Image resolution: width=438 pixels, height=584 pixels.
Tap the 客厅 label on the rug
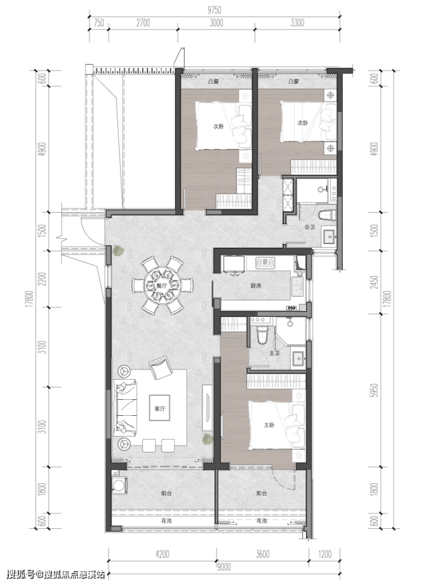[x=160, y=409]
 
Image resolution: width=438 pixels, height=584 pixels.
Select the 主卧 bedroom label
[x=269, y=425]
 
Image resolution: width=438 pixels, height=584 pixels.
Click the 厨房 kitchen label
[x=256, y=285]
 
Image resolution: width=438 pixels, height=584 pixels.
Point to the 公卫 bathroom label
[x=310, y=226]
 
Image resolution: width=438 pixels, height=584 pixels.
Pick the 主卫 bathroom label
[x=274, y=352]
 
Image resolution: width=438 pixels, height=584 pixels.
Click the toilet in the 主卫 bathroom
[x=262, y=335]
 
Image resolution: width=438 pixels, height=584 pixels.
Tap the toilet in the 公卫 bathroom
[x=327, y=215]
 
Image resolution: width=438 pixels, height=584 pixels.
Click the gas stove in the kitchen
[x=265, y=263]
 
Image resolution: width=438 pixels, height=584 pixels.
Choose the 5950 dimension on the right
[x=375, y=390]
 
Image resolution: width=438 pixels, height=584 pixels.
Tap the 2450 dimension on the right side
[x=375, y=282]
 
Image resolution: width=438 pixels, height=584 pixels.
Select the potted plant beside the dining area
[x=119, y=251]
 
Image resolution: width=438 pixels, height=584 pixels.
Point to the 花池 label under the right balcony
[x=262, y=520]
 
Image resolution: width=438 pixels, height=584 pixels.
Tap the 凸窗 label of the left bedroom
[x=214, y=81]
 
